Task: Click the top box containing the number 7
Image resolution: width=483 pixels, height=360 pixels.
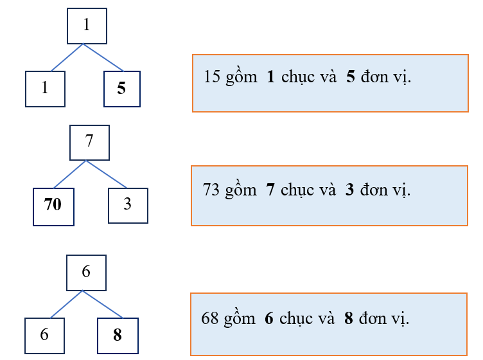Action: [89, 142]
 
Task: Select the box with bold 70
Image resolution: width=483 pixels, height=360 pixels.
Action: [53, 206]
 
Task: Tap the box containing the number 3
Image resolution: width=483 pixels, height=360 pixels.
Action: [128, 205]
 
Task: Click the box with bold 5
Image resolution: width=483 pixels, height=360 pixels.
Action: [121, 89]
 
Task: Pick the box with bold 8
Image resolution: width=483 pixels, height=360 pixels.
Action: [117, 335]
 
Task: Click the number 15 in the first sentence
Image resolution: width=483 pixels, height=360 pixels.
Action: [211, 77]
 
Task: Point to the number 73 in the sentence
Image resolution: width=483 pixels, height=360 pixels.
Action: [211, 190]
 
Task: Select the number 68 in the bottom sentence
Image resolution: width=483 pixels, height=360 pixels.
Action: [210, 318]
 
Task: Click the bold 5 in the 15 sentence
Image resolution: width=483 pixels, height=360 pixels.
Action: [350, 77]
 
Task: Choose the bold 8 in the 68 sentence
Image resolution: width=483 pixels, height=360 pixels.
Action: [349, 318]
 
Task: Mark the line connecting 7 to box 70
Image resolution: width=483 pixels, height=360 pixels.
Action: [69, 174]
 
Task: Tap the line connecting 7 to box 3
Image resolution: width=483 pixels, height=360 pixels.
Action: [107, 174]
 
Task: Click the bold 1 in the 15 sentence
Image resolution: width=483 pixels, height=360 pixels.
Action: [270, 77]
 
